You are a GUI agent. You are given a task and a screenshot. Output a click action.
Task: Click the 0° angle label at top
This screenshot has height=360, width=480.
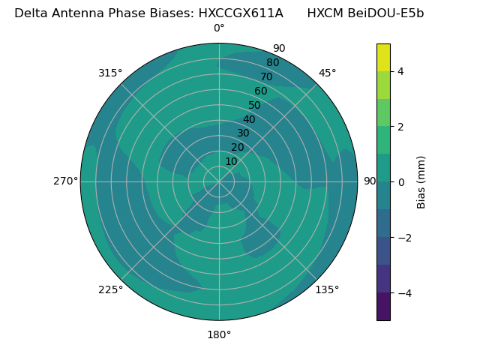[x=219, y=28]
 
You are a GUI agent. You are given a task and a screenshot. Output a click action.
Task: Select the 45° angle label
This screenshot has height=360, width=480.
[x=327, y=73]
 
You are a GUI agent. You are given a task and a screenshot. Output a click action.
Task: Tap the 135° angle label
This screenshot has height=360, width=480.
[x=327, y=289]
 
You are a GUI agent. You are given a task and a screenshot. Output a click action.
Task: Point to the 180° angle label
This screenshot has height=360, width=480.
[x=219, y=334]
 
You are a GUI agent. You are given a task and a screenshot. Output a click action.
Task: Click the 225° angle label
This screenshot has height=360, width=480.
[x=110, y=289]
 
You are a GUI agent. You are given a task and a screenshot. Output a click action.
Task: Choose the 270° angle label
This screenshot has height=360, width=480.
[x=65, y=181]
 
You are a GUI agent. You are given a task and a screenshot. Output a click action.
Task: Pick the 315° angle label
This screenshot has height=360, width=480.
[x=110, y=73]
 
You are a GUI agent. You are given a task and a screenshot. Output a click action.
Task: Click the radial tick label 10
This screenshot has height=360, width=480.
[x=231, y=161]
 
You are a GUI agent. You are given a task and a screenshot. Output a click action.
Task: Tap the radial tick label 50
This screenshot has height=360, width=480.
[x=254, y=105]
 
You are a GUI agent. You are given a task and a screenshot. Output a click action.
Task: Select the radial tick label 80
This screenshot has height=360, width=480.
[x=272, y=62]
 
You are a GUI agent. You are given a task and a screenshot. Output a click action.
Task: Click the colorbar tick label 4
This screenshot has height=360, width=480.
[x=401, y=71]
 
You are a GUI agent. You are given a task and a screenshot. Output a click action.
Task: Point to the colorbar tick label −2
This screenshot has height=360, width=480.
[x=403, y=238]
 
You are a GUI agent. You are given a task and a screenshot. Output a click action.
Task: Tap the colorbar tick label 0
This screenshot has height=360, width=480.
[x=401, y=182]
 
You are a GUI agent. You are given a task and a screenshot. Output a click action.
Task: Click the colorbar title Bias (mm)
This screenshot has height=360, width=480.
[x=421, y=182]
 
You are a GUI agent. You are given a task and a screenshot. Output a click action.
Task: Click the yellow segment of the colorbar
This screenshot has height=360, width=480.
[x=383, y=57]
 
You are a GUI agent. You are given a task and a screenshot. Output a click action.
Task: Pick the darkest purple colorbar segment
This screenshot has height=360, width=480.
[x=383, y=307]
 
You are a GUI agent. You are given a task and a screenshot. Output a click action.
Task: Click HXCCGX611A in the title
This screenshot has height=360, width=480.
[x=241, y=13]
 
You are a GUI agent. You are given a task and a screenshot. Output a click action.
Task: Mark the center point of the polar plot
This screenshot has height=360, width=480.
[x=219, y=181]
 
